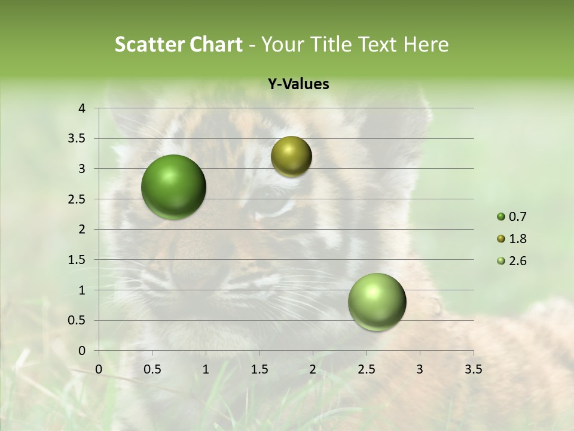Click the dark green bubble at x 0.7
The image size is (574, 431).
point(174,187)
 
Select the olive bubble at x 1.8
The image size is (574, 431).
point(291,156)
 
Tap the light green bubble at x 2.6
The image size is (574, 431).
point(377,302)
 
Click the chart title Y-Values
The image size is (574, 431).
point(298,84)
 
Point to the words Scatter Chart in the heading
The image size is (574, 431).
point(178,44)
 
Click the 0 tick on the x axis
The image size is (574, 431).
point(99,369)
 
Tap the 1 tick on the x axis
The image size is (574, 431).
point(206,369)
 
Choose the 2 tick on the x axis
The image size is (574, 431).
point(313,369)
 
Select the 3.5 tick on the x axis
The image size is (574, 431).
point(473,369)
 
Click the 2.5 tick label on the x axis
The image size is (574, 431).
point(366,369)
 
